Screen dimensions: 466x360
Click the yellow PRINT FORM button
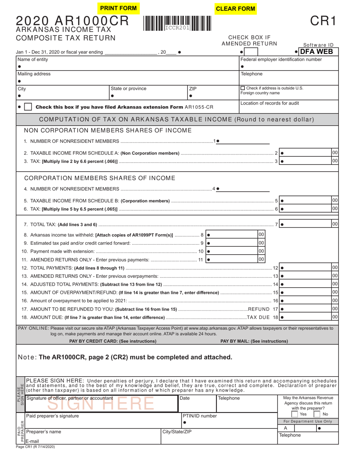pos(118,8)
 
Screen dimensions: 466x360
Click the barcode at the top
pos(177,23)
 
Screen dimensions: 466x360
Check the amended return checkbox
pos(253,52)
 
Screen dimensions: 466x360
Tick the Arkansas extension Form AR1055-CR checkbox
pos(28,107)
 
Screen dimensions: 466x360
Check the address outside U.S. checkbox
pos(243,88)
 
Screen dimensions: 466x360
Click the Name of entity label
pos(33,59)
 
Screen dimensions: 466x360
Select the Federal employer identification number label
pos(281,59)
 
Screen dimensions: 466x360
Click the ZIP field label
pos(193,89)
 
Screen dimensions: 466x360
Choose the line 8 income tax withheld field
pos(231,235)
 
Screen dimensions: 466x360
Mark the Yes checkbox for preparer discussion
pos(294,414)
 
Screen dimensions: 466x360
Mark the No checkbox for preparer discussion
pos(317,414)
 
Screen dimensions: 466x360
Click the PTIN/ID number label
pos(200,416)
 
